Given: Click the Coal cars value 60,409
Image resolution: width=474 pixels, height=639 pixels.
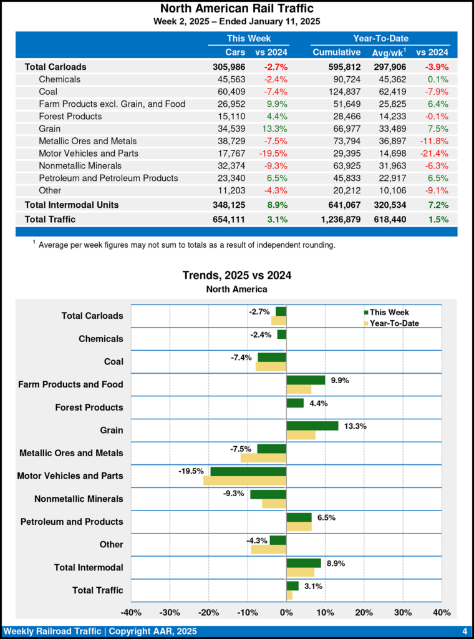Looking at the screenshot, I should pyautogui.click(x=230, y=92).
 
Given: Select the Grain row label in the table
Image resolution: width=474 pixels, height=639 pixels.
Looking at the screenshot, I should pyautogui.click(x=51, y=129).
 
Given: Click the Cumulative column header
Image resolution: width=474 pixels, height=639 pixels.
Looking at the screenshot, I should pyautogui.click(x=337, y=52).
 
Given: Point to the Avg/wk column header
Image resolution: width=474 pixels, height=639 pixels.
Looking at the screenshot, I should pyautogui.click(x=389, y=52).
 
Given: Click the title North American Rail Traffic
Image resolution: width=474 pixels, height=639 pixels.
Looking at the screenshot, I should pyautogui.click(x=237, y=9).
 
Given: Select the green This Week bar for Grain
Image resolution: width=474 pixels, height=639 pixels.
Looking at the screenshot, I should pyautogui.click(x=312, y=426).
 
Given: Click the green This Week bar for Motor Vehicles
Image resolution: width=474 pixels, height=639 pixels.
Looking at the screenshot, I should pyautogui.click(x=248, y=471).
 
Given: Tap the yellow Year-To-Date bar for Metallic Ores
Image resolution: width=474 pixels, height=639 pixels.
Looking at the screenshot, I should pyautogui.click(x=263, y=458).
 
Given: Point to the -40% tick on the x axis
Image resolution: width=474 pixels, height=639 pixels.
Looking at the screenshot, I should pyautogui.click(x=131, y=613).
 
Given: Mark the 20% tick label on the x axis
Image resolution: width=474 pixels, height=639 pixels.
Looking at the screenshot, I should pyautogui.click(x=364, y=613).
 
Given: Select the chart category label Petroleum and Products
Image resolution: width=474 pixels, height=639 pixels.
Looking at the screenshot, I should pyautogui.click(x=72, y=522).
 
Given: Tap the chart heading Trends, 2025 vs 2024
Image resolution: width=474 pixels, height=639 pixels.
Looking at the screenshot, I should pyautogui.click(x=237, y=275).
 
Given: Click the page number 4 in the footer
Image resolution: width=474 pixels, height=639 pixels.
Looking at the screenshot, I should pyautogui.click(x=465, y=632).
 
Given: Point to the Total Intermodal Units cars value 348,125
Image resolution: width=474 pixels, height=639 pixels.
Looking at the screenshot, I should pyautogui.click(x=228, y=205).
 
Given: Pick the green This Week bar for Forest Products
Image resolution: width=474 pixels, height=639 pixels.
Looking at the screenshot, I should pyautogui.click(x=295, y=403).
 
